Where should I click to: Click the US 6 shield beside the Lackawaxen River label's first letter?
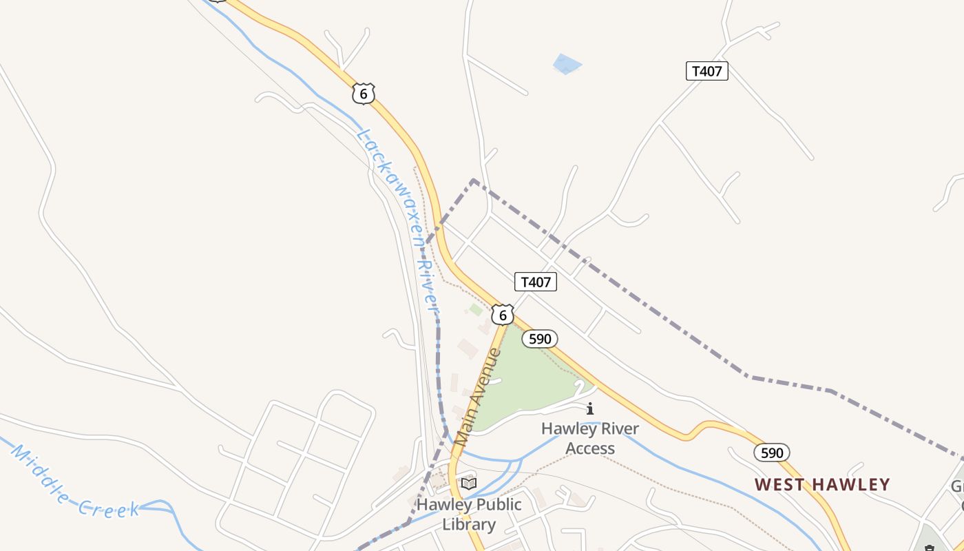pyautogui.click(x=363, y=93)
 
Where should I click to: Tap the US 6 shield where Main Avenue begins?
pyautogui.click(x=503, y=315)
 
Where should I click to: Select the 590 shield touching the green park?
pyautogui.click(x=539, y=339)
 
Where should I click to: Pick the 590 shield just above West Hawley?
pyautogui.click(x=771, y=453)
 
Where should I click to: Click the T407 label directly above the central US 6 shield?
pyautogui.click(x=535, y=282)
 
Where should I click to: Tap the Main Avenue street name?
pyautogui.click(x=477, y=396)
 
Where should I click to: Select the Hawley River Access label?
pyautogui.click(x=589, y=438)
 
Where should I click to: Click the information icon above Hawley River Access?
pyautogui.click(x=589, y=409)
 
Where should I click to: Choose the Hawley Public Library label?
pyautogui.click(x=469, y=514)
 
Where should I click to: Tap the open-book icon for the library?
pyautogui.click(x=469, y=484)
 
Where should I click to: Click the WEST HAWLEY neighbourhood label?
pyautogui.click(x=822, y=484)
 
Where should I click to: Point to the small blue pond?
pyautogui.click(x=567, y=64)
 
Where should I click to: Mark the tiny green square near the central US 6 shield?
pyautogui.click(x=476, y=310)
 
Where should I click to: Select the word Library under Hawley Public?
pyautogui.click(x=469, y=524)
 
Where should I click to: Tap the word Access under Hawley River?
pyautogui.click(x=589, y=448)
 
